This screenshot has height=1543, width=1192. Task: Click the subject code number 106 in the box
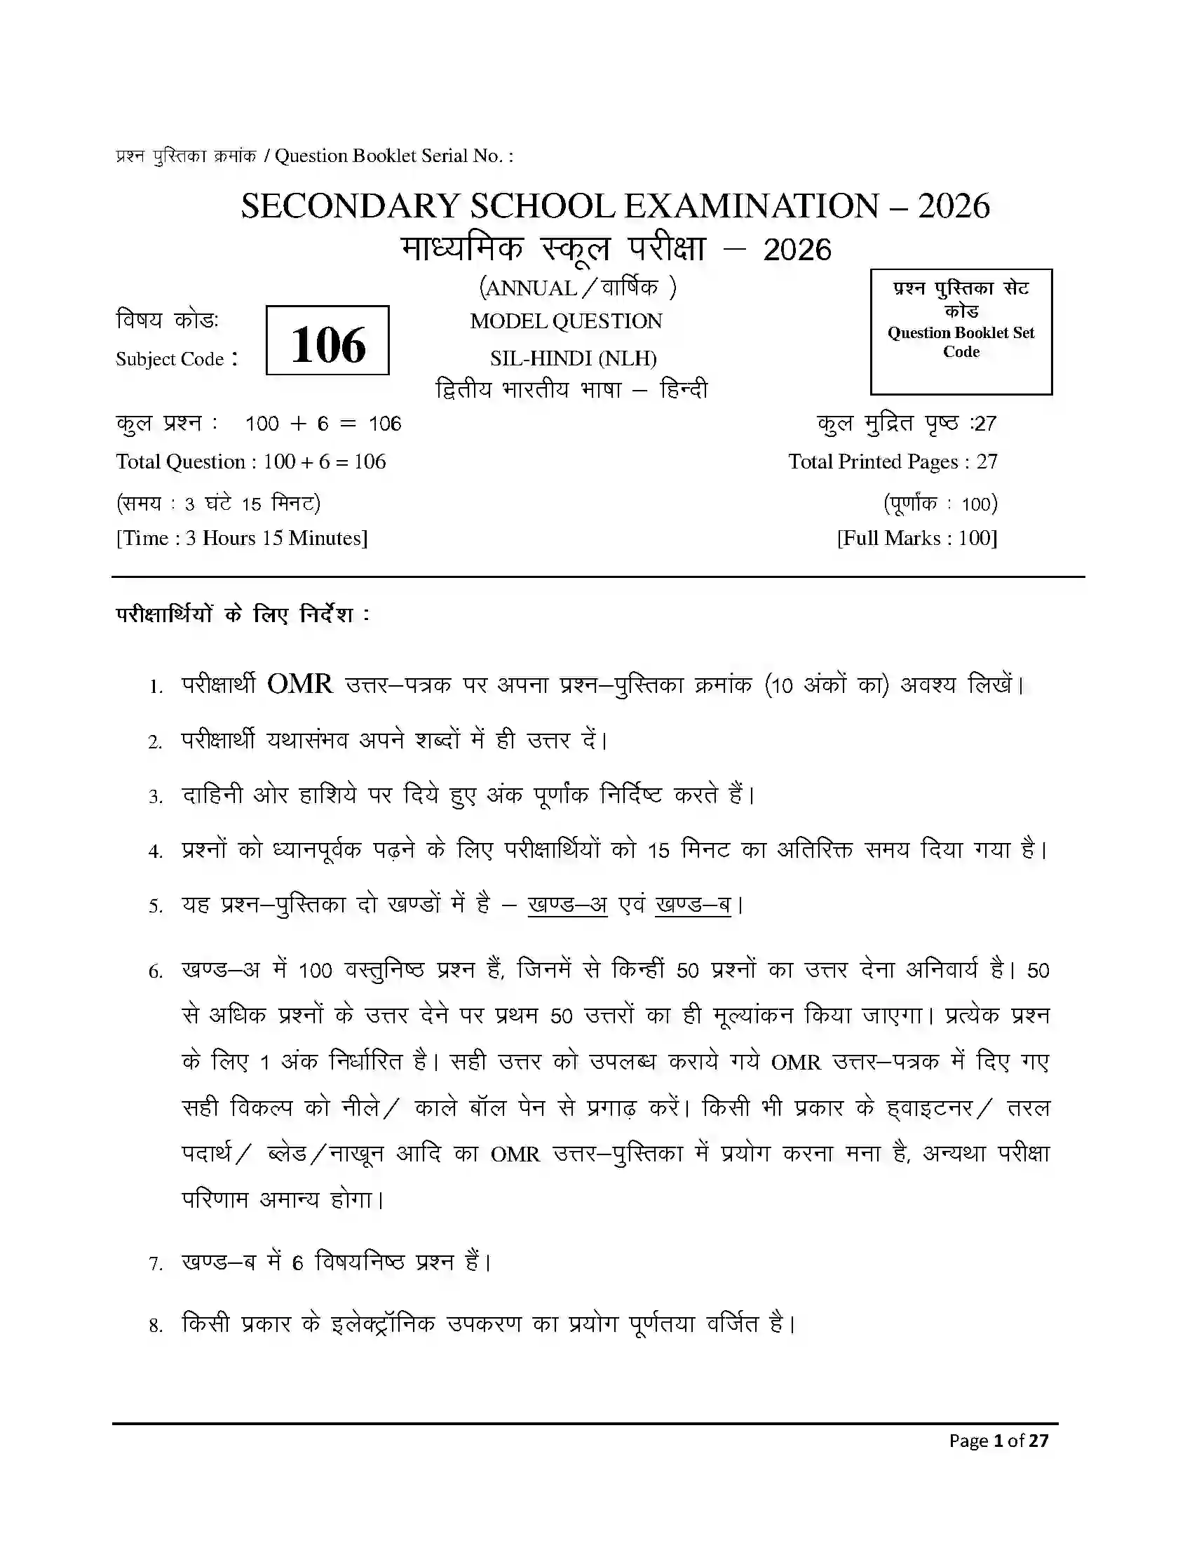[x=327, y=345]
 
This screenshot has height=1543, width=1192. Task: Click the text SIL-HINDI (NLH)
[x=573, y=359]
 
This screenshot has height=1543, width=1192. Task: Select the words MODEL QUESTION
[x=567, y=321]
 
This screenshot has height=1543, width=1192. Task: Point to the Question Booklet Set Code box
[x=961, y=331]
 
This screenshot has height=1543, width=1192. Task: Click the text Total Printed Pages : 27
[x=893, y=462]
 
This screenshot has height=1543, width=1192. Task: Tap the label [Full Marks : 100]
[x=916, y=539]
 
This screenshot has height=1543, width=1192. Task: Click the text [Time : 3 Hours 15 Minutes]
[x=241, y=539]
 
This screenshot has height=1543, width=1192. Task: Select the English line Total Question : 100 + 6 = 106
[x=251, y=462]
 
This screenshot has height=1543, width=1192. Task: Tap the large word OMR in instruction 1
[x=300, y=685]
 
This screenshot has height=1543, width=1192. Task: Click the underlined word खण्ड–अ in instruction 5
[x=567, y=904]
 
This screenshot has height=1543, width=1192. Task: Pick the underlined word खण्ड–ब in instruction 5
[x=693, y=904]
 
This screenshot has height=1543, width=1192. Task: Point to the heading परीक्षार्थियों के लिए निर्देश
[x=242, y=614]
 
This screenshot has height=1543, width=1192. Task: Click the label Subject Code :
[x=177, y=359]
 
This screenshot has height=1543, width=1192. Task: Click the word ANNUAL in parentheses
[x=531, y=288]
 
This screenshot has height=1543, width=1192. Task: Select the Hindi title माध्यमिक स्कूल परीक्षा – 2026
[x=616, y=250]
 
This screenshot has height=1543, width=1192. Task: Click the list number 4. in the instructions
[x=156, y=851]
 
